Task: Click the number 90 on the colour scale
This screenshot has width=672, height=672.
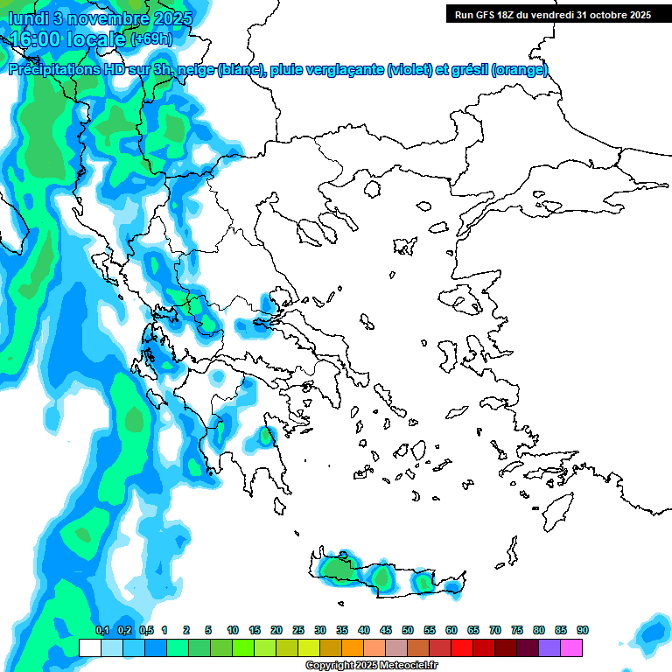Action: coord(582,630)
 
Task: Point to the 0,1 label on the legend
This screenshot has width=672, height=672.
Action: coord(101,630)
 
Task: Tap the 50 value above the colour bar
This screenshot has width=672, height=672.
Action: coord(408,630)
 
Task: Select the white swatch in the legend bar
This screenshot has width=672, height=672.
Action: coord(89,647)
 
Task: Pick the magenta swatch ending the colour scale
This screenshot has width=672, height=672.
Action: coord(571,647)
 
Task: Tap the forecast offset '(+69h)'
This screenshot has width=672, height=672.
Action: coord(151,39)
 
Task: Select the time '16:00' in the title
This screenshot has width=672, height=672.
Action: coord(40,39)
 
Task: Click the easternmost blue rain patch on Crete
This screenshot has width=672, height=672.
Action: coord(452,585)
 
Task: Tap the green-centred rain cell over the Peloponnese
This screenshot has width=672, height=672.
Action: coord(265,436)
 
